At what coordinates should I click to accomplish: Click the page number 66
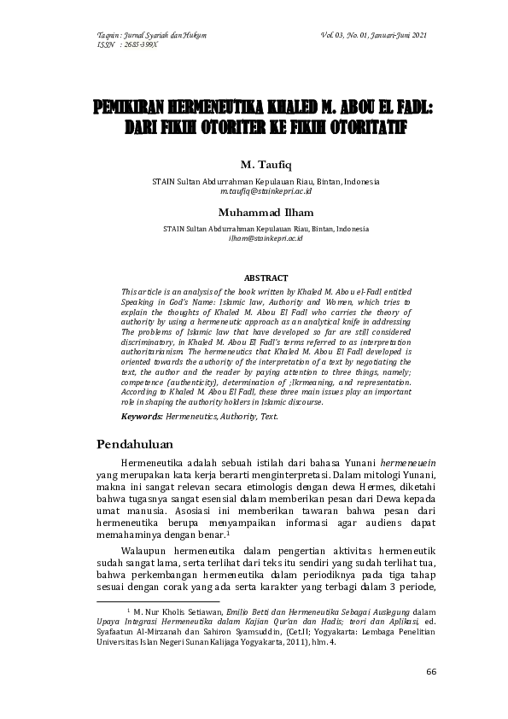[x=431, y=671]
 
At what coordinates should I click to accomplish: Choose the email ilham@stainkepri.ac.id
[x=266, y=238]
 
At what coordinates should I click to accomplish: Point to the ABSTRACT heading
[x=266, y=278]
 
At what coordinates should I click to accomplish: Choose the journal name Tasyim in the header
[x=109, y=34]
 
